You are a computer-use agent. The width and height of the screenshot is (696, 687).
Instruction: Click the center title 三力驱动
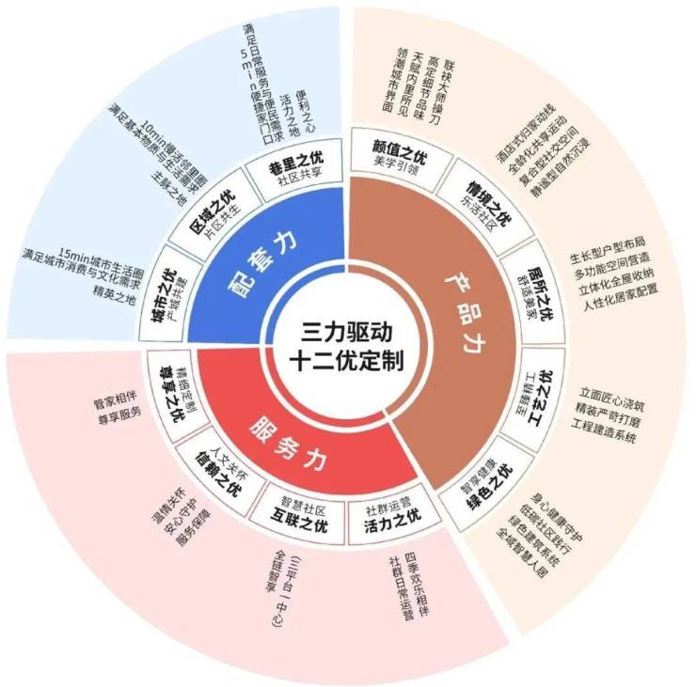(346, 332)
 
